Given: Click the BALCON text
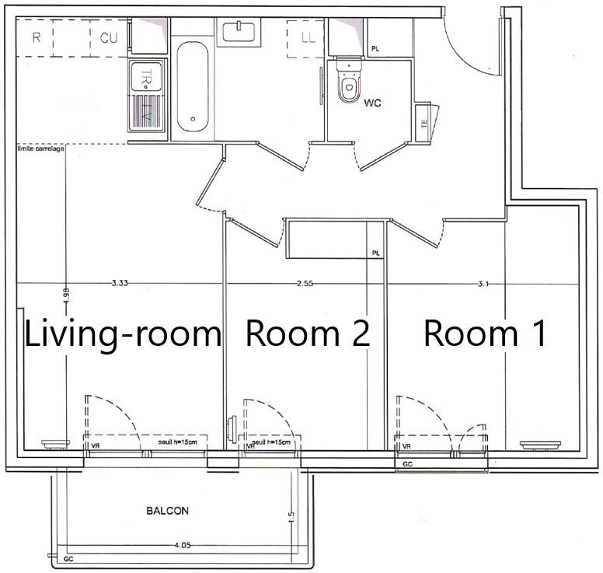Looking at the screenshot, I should click(167, 511).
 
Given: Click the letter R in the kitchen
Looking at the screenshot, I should click(36, 37).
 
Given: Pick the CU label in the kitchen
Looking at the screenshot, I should click(109, 37).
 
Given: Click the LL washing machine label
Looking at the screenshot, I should click(308, 37).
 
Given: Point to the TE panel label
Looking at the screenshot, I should click(424, 123).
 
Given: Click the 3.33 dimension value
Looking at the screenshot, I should click(119, 284).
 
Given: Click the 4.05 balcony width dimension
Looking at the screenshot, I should click(183, 546).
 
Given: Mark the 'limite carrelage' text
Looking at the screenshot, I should click(41, 148).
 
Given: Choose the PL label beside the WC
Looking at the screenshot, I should click(375, 49).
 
